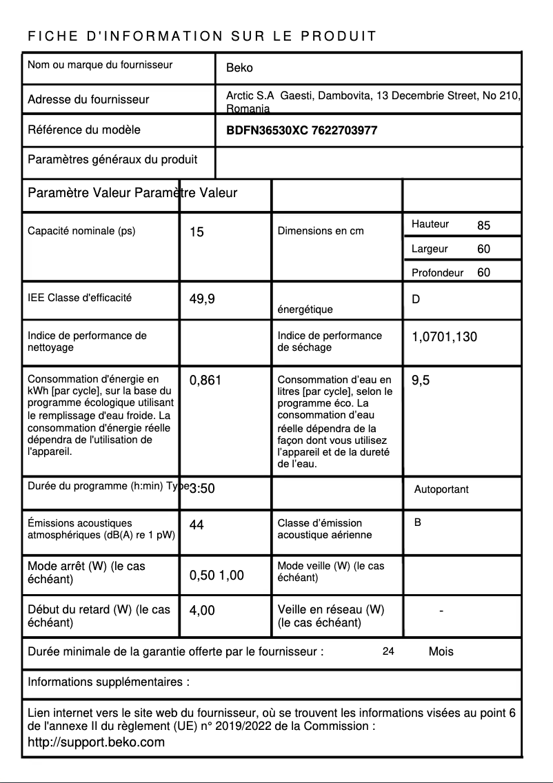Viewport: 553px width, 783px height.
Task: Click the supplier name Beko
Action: tap(239, 68)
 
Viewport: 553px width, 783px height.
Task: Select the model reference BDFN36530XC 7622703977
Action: tap(301, 130)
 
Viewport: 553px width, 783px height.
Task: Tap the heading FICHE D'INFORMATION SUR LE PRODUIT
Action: tap(202, 37)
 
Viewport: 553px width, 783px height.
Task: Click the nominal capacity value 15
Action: tap(197, 232)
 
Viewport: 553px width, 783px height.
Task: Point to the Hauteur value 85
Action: tap(483, 225)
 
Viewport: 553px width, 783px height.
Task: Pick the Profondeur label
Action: tap(437, 273)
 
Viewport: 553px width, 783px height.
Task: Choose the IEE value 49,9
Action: tap(202, 299)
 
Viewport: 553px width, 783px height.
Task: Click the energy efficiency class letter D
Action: tap(416, 300)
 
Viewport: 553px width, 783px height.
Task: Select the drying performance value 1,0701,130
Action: tap(444, 337)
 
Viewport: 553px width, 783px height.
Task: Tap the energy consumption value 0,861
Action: tap(205, 380)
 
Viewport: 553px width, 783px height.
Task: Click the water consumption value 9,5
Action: tap(421, 380)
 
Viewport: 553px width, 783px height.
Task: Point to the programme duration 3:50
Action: tap(202, 489)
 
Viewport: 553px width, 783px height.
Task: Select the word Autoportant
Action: tap(441, 489)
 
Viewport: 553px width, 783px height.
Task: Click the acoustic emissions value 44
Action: tap(197, 525)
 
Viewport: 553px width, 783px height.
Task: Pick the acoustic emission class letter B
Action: tap(418, 522)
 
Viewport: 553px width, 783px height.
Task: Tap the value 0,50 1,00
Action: tap(217, 576)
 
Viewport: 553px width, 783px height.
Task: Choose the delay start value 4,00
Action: tap(202, 610)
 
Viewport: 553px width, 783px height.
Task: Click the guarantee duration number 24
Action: tap(388, 651)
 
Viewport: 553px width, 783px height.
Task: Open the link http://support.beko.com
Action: tap(96, 742)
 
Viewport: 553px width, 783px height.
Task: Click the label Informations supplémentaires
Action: tap(108, 682)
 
